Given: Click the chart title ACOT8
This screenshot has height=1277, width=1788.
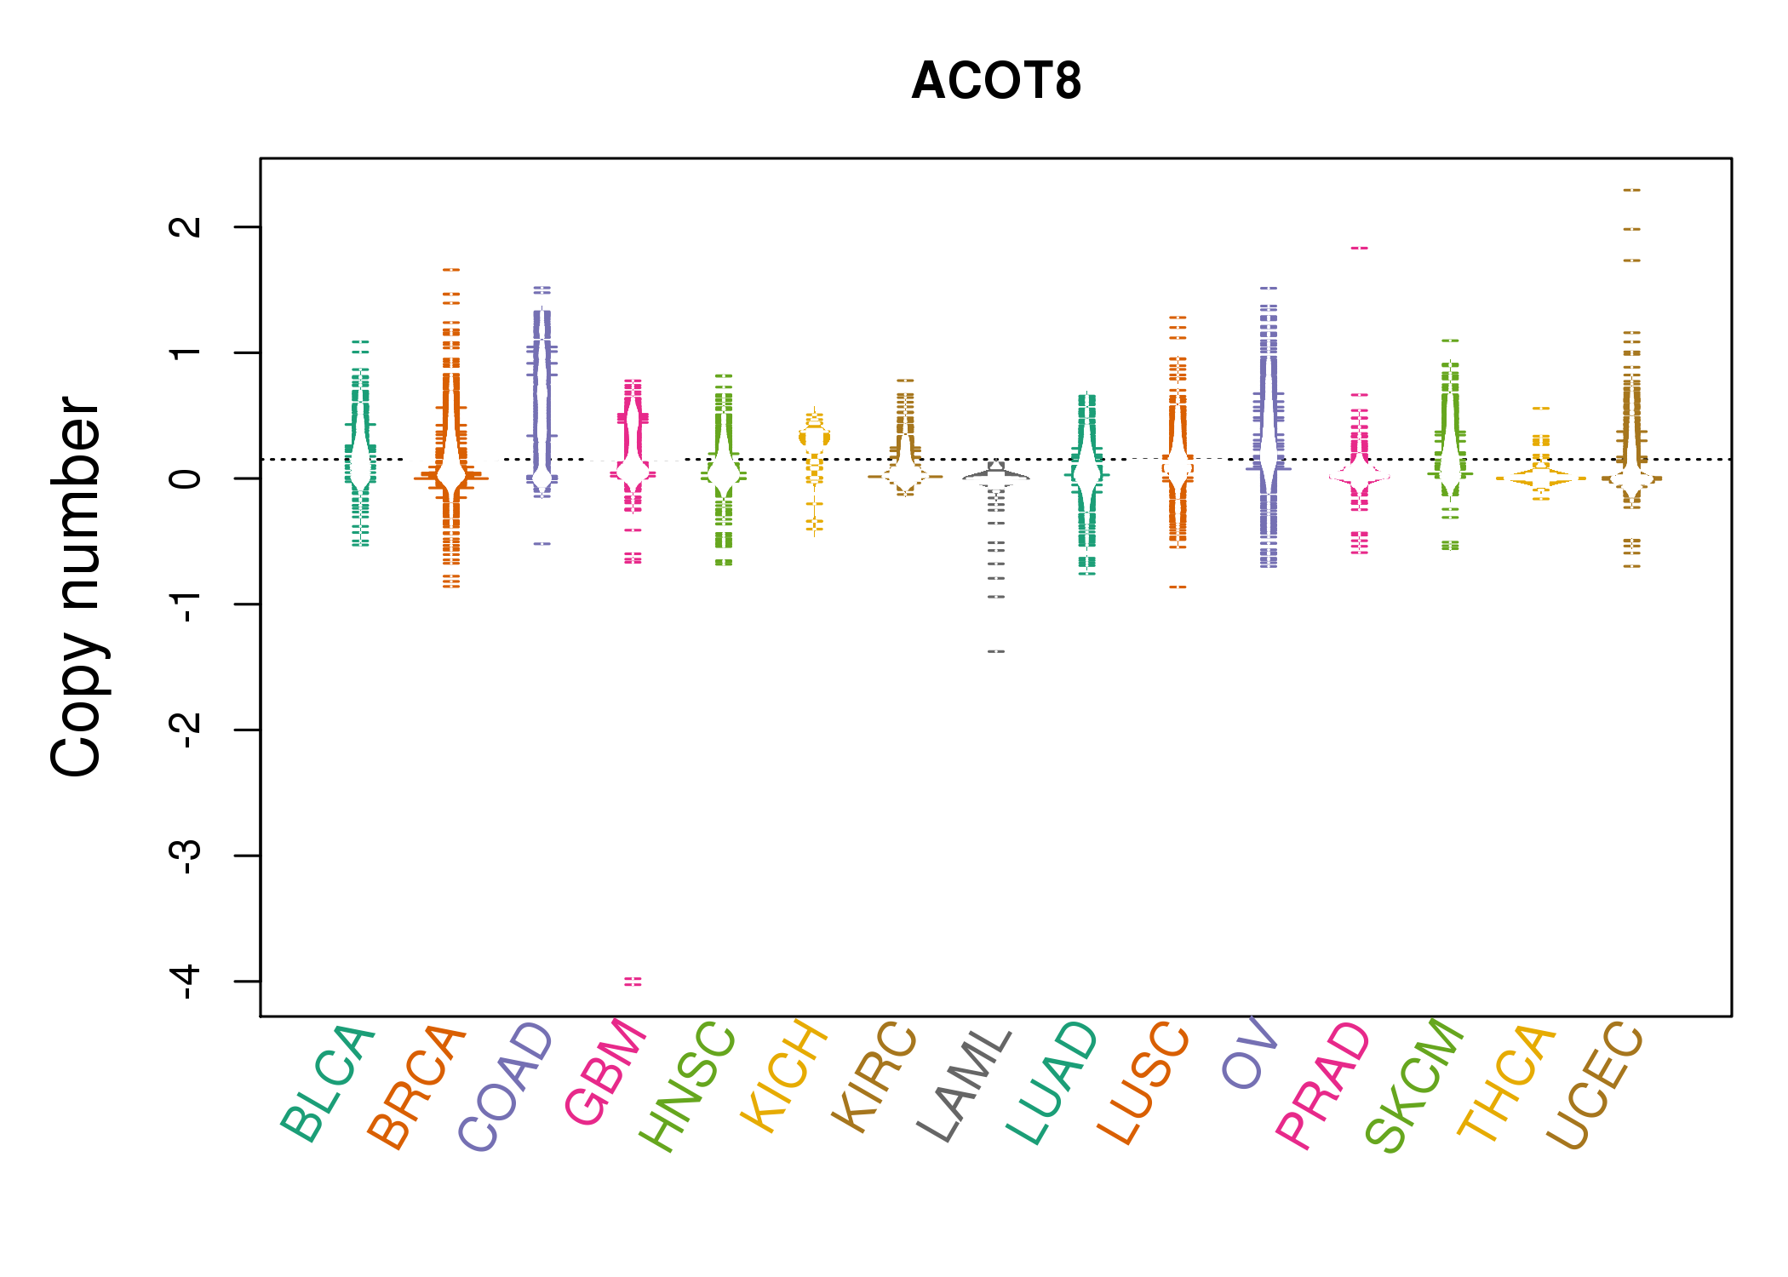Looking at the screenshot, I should tap(995, 82).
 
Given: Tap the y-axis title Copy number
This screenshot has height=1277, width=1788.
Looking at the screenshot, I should tap(77, 587).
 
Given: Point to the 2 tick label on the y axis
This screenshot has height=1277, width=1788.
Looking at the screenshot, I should tap(186, 226).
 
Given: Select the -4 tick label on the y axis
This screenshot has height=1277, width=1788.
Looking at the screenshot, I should tap(186, 982).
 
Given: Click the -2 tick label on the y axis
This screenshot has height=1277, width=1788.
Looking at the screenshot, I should tap(186, 730).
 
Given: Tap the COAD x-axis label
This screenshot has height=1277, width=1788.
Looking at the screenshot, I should tap(507, 1087).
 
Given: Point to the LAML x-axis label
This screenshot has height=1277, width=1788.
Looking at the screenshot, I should tap(965, 1085).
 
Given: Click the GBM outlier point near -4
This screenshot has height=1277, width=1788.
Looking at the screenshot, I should tap(633, 982).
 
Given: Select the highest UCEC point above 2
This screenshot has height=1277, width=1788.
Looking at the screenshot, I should tap(1631, 190).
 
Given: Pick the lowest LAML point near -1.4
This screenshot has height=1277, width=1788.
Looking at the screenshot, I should tap(996, 651).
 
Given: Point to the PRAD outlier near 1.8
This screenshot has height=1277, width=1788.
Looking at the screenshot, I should tap(1359, 248).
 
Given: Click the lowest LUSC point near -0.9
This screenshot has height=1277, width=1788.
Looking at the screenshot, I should tap(1178, 587).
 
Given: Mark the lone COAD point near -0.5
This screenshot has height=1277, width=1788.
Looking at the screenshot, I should tap(542, 543).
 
